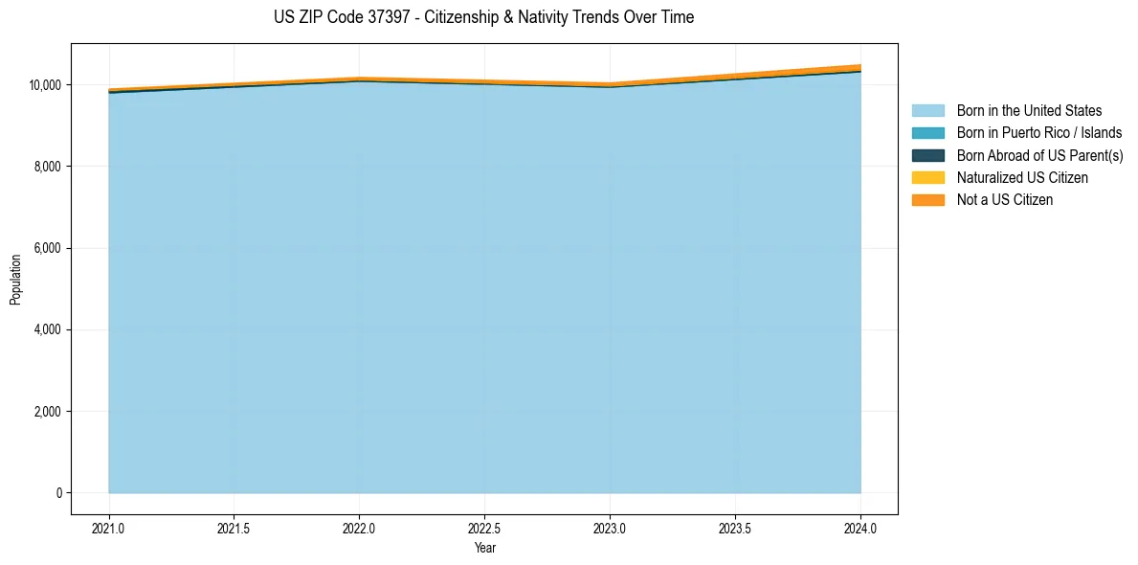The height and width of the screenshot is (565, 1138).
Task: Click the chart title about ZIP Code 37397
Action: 483,17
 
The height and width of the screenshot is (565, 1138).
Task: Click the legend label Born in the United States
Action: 1029,111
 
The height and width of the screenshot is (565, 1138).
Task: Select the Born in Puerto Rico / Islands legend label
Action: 1039,133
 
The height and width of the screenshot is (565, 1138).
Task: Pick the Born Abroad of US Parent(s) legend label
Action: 1039,155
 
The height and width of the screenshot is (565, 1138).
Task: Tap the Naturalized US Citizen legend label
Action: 1022,178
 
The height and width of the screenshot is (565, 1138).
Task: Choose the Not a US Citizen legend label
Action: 1005,200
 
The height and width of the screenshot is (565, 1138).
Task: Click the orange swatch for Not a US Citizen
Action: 927,200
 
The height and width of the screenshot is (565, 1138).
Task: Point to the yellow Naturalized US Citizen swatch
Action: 927,178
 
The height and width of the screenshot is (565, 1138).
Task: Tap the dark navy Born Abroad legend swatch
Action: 927,155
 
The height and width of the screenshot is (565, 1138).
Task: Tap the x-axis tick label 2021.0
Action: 109,528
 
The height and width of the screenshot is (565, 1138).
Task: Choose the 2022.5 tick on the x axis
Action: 484,528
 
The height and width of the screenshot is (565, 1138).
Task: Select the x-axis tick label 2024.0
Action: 860,528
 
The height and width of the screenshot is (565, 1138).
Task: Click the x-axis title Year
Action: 484,549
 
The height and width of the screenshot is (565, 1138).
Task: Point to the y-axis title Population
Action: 15,280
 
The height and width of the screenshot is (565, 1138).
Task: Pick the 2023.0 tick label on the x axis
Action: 610,528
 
